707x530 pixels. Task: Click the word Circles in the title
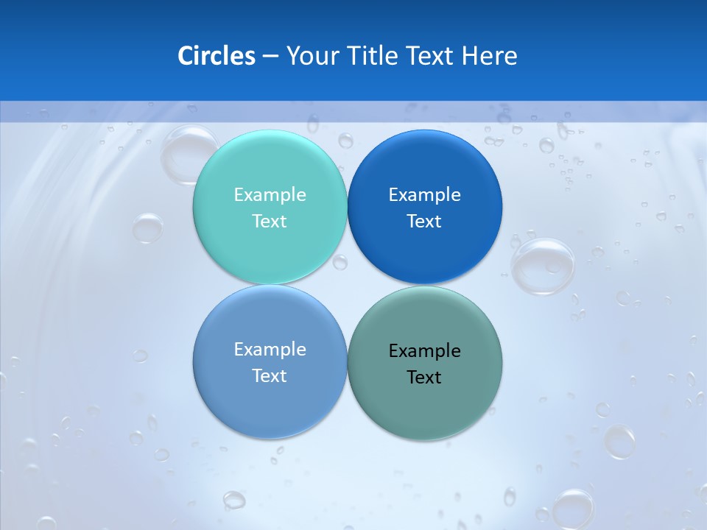point(217,56)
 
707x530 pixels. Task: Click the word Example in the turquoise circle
point(270,194)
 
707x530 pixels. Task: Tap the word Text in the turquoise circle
point(270,221)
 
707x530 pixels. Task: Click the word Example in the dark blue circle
point(425,194)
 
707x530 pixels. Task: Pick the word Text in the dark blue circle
point(425,221)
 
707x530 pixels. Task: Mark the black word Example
point(425,350)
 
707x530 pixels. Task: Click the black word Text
point(425,377)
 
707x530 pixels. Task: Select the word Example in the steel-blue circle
point(270,349)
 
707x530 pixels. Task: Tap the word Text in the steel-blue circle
point(270,375)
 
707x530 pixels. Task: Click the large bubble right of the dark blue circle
point(544,266)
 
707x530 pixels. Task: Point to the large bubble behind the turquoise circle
point(180,151)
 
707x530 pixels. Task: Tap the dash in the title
point(270,57)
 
